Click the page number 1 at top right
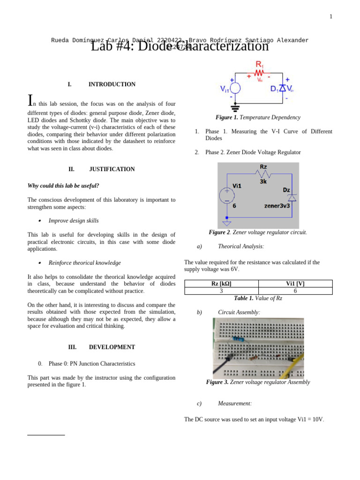coord(330,17)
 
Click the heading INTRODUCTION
coord(112,84)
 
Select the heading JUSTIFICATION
coord(112,169)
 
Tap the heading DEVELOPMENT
coord(112,347)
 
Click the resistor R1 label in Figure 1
coord(259,65)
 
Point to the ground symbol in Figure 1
coord(235,107)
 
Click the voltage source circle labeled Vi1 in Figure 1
coord(235,89)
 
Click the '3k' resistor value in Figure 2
coord(263,181)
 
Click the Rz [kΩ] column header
coord(221,284)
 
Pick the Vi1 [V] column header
coord(295,284)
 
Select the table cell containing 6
coord(295,291)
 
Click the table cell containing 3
coord(221,291)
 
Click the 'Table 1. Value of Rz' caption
coord(258,298)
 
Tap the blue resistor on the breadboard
coord(238,339)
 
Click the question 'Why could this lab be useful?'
coord(63,186)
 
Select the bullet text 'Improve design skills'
coord(74,221)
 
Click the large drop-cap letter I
coord(30,100)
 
